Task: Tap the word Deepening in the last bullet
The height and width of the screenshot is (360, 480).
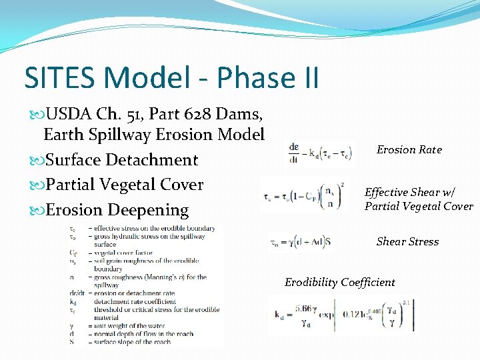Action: point(149,210)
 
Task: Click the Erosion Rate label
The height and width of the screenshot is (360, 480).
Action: point(409,150)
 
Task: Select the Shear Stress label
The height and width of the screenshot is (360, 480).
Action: point(407,242)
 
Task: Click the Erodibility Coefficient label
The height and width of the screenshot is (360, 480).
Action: point(339,283)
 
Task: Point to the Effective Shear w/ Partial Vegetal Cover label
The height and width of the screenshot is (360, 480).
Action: point(418,199)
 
